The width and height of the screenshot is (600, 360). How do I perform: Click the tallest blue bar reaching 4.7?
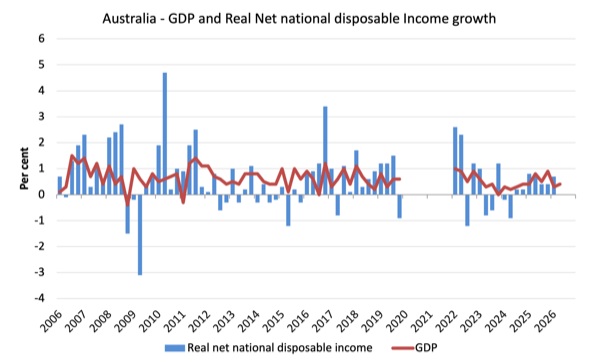165,134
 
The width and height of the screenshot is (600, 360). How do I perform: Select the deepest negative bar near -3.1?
140,235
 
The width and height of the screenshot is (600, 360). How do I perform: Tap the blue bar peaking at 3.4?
325,150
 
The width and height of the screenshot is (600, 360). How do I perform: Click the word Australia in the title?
129,18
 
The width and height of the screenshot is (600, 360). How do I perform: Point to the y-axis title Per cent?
24,168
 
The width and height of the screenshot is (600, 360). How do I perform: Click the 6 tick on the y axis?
41,38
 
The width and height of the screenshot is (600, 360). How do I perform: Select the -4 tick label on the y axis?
39,298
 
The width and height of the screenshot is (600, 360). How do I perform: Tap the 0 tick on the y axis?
41,194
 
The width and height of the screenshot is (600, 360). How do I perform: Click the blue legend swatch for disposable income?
174,348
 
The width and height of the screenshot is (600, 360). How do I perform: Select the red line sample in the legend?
403,348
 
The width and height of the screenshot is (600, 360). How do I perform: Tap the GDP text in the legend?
426,347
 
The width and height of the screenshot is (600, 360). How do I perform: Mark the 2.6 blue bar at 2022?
455,161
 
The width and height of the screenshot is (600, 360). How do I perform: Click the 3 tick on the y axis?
41,116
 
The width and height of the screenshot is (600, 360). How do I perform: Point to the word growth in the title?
474,19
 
